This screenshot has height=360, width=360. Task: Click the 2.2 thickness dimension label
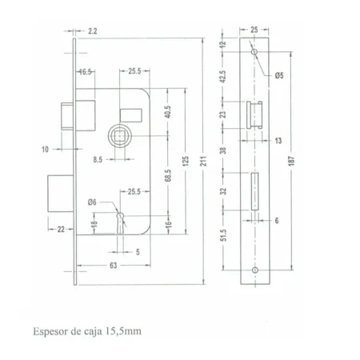(x=93, y=31)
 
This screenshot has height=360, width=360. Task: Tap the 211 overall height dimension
(x=203, y=161)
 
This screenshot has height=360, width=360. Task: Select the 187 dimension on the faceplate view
(x=291, y=161)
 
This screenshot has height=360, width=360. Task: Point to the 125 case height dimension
(x=186, y=161)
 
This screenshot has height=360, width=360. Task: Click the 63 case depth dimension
(x=114, y=266)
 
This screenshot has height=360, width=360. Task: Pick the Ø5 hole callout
(x=279, y=76)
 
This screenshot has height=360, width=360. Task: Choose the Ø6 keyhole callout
(x=92, y=202)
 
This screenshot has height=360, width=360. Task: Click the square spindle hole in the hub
(x=119, y=136)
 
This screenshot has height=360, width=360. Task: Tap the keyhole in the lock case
(x=121, y=222)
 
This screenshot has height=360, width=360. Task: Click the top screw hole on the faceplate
(x=254, y=51)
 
